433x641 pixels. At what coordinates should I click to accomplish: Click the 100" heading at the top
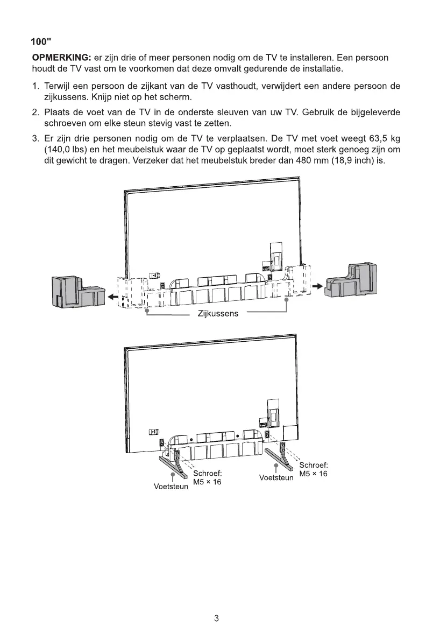pos(41,42)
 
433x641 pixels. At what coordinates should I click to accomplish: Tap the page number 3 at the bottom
pos(216,618)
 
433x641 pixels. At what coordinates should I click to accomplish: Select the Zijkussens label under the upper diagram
pos(218,314)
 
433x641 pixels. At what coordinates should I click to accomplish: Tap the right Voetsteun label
pos(276,477)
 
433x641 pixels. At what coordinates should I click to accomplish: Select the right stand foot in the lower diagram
pos(281,454)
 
